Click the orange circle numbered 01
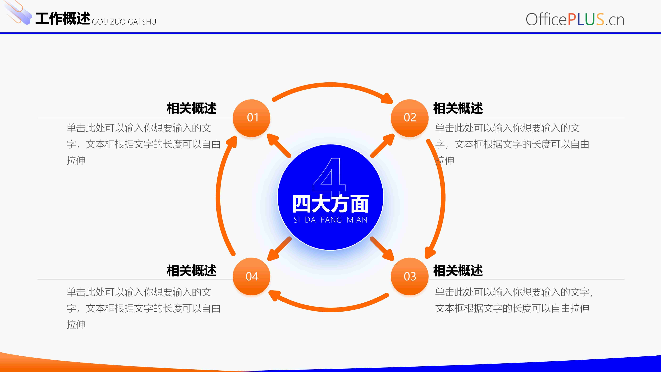point(251,118)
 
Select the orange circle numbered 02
point(410,118)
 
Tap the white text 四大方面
point(331,204)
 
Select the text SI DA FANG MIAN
point(331,220)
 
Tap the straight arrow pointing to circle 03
point(382,249)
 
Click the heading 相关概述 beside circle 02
point(458,108)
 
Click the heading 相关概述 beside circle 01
point(192,108)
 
